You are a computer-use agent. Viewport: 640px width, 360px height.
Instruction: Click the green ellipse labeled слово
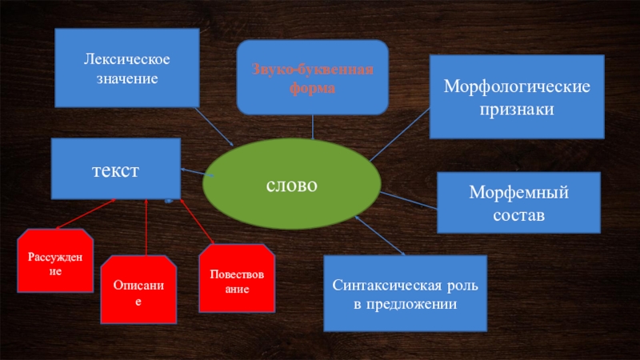[292, 185]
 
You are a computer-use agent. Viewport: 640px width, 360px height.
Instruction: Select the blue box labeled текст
[115, 169]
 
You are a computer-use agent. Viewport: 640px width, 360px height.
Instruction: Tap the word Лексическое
[127, 60]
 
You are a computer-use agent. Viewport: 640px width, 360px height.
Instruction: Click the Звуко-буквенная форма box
[313, 78]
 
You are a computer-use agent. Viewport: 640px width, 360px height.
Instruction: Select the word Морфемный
[518, 193]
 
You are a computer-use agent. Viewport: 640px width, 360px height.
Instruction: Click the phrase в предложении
[405, 305]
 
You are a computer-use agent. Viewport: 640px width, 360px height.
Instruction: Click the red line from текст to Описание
[146, 228]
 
